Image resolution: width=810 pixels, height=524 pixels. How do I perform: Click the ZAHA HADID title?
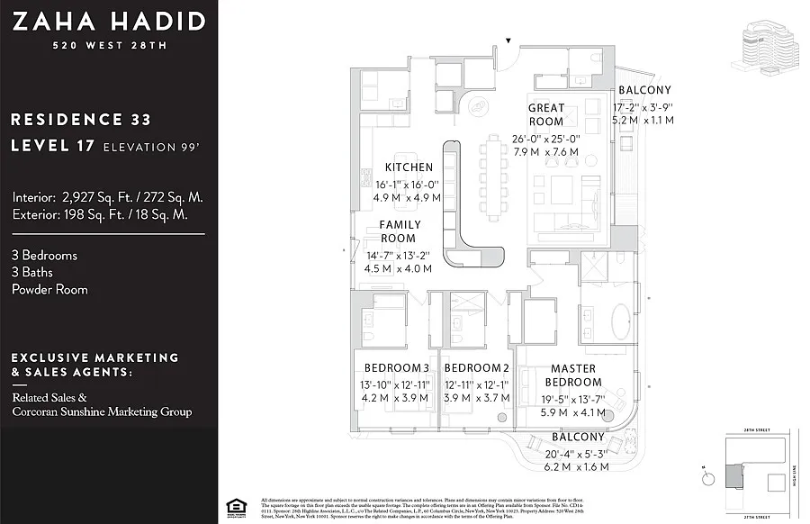[x=108, y=22]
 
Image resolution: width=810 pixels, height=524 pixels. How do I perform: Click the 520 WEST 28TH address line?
[x=108, y=46]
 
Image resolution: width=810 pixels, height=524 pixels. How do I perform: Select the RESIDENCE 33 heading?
[x=81, y=119]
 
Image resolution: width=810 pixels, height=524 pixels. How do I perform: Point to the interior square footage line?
[x=108, y=197]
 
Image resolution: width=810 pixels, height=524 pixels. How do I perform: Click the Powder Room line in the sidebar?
[x=50, y=290]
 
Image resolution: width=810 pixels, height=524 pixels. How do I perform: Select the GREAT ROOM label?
[x=546, y=114]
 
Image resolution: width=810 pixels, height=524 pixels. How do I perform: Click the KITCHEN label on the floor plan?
[x=409, y=167]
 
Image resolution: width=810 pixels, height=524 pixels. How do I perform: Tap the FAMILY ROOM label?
[x=399, y=231]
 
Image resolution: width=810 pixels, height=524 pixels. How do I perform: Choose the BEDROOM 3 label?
[x=396, y=367]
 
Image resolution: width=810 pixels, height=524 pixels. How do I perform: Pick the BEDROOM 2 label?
[x=477, y=367]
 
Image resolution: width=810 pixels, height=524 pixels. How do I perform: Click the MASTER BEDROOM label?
[x=573, y=375]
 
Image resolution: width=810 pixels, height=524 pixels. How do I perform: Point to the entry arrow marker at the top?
[x=509, y=41]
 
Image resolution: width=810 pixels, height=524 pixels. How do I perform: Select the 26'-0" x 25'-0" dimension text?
[x=546, y=139]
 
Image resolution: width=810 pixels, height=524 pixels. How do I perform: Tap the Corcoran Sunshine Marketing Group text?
[x=102, y=411]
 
